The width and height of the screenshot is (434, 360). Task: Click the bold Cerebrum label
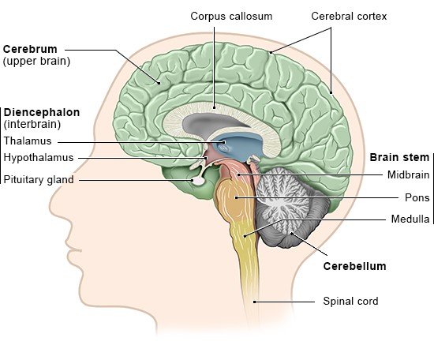pyautogui.click(x=30, y=49)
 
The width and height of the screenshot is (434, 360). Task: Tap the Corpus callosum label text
pyautogui.click(x=231, y=16)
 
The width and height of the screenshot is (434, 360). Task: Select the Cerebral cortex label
pyautogui.click(x=349, y=16)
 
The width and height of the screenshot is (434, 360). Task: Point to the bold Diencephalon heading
pyautogui.click(x=42, y=112)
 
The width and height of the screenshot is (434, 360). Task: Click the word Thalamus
pyautogui.click(x=28, y=141)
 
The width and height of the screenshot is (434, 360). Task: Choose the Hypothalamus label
pyautogui.click(x=39, y=158)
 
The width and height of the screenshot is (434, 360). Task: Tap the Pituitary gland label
pyautogui.click(x=39, y=180)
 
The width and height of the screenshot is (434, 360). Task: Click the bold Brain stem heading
pyautogui.click(x=399, y=157)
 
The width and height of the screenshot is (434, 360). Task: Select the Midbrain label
pyautogui.click(x=408, y=174)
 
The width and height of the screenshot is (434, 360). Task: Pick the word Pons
pyautogui.click(x=417, y=197)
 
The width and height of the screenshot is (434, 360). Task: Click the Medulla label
pyautogui.click(x=410, y=219)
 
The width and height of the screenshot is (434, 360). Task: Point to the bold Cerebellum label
pyautogui.click(x=354, y=266)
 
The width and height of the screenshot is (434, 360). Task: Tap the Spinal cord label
pyautogui.click(x=350, y=301)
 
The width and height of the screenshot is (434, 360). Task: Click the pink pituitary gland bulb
pyautogui.click(x=198, y=181)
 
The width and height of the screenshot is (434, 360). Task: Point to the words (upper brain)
pyautogui.click(x=36, y=62)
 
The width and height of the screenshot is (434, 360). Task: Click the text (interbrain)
pyautogui.click(x=32, y=124)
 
